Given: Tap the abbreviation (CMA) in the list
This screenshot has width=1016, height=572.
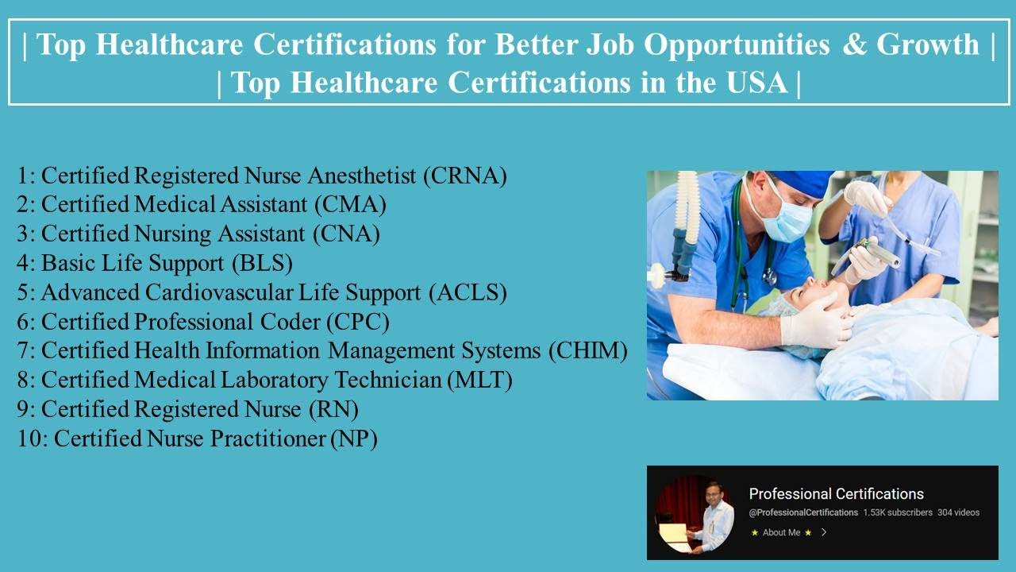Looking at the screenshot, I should click(350, 205).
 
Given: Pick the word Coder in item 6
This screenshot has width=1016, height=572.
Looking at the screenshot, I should click(284, 322).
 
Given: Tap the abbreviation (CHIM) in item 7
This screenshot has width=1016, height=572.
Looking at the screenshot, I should click(587, 350).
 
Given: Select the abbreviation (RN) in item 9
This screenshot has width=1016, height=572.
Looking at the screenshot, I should click(333, 409).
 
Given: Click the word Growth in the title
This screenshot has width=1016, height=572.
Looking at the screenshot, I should click(927, 45).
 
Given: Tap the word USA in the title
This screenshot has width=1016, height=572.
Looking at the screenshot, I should click(757, 83).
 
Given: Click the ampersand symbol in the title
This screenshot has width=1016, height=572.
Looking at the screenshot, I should click(854, 45).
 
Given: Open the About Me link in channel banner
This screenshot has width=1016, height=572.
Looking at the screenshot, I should click(781, 532).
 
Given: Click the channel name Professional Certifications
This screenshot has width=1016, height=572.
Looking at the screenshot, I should click(836, 493).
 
